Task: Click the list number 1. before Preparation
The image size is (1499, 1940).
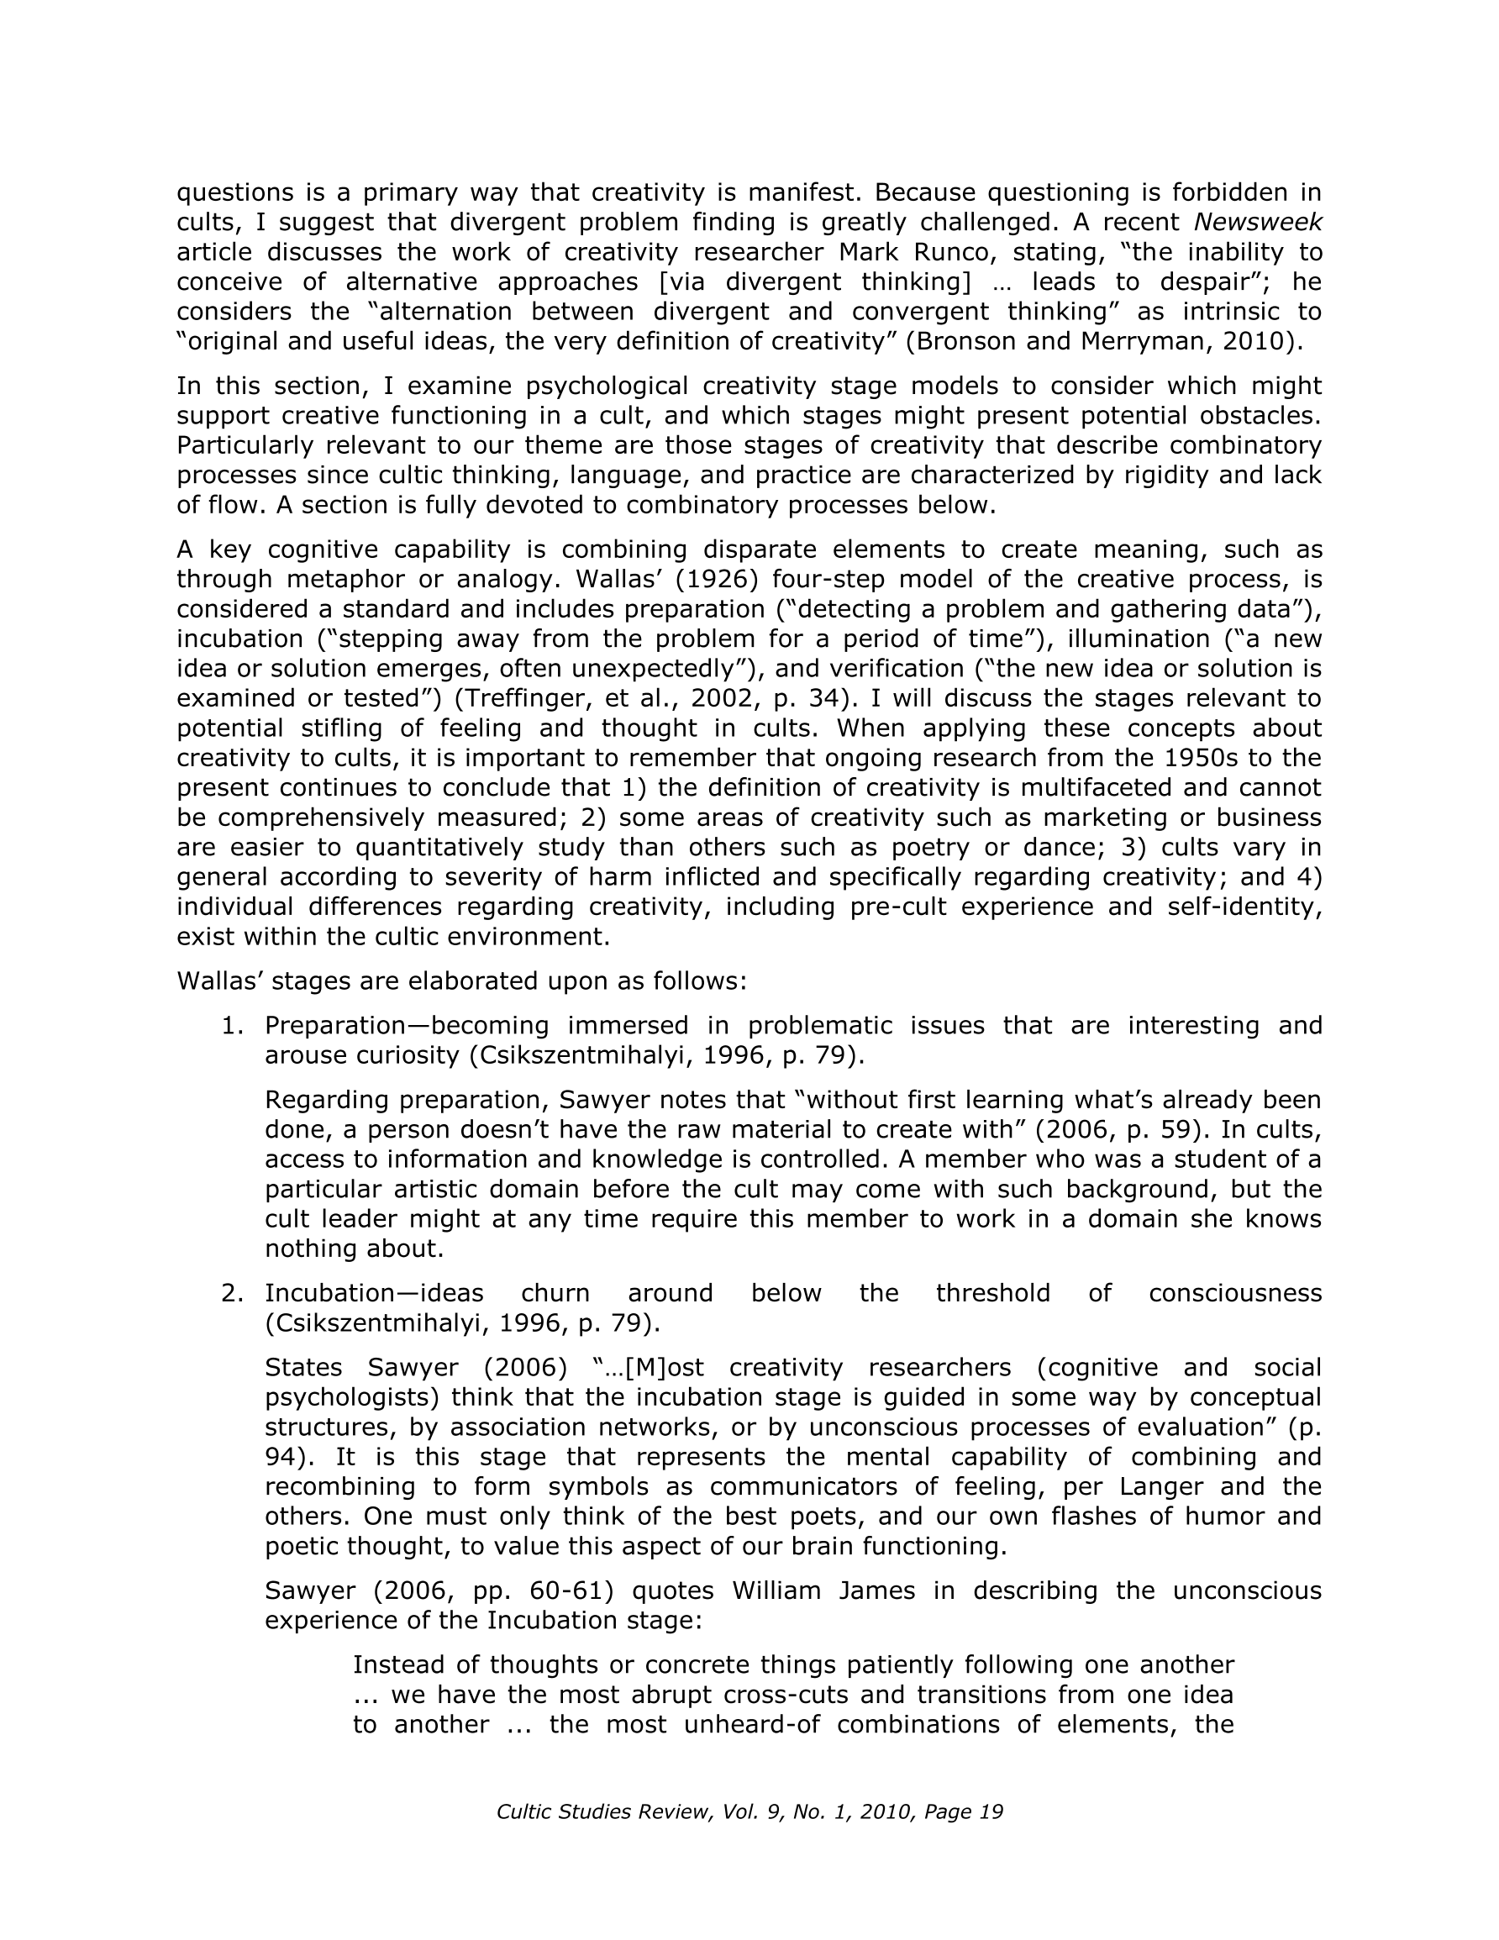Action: (x=232, y=1025)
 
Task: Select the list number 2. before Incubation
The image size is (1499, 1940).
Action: (x=232, y=1292)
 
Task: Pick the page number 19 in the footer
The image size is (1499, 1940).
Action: (x=991, y=1811)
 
